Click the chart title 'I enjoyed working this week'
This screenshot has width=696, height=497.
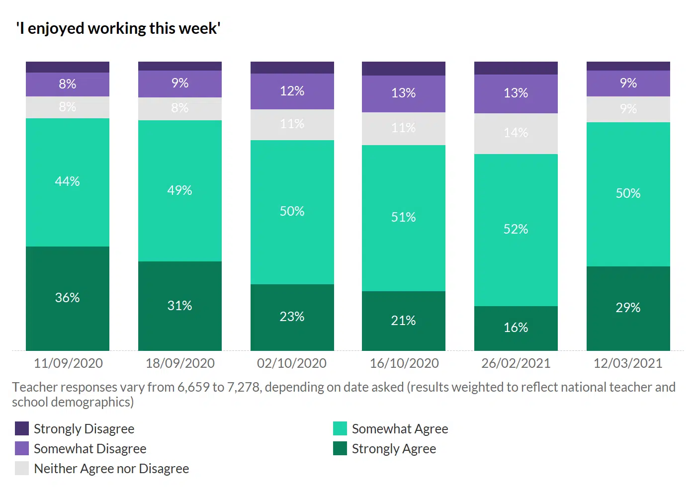118,28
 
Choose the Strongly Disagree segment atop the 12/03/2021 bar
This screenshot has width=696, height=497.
628,66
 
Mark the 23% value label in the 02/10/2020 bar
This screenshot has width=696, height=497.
292,317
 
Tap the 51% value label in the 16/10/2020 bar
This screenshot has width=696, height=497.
404,217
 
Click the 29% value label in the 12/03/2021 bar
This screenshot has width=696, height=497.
628,308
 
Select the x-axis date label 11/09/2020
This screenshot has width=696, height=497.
68,363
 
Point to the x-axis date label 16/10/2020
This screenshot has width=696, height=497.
404,363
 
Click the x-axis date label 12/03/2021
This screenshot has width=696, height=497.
628,363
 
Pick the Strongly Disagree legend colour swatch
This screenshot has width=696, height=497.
22,428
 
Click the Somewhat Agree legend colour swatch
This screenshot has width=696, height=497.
340,428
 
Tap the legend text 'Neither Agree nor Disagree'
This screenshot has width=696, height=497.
111,469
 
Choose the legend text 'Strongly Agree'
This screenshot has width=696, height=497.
394,449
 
